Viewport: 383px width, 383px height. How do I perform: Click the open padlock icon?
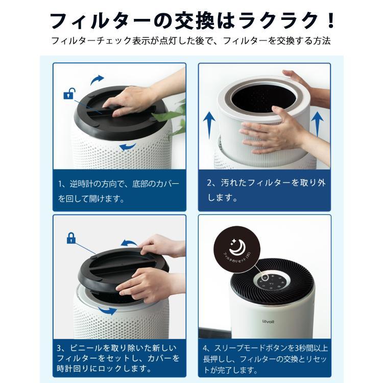68,94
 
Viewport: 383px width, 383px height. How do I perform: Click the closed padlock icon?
71,238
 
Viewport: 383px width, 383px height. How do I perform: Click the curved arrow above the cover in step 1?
97,79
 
